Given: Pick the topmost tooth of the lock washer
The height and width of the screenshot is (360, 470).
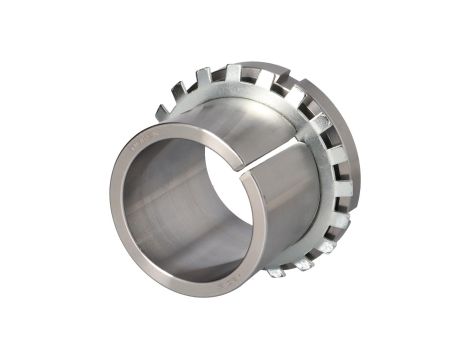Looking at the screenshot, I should tap(234, 69).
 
